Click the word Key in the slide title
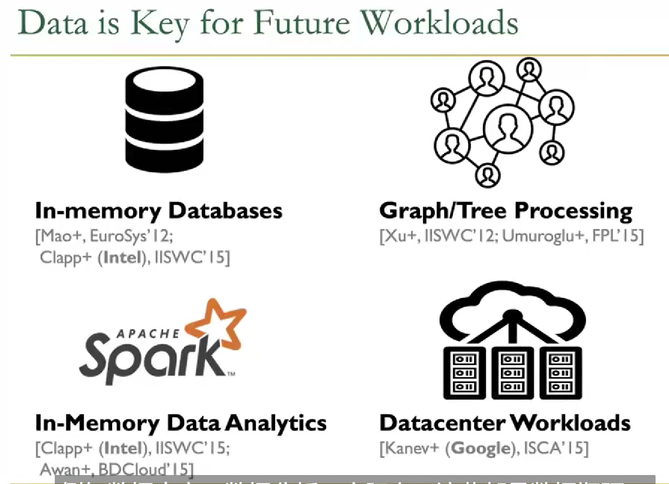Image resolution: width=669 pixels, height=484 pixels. coord(159,24)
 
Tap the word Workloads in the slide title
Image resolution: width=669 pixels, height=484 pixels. coord(439,23)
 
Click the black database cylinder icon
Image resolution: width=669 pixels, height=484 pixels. coord(164,120)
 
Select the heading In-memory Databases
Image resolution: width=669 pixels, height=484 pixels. coord(158,211)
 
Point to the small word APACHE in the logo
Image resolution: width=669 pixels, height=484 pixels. coord(148,333)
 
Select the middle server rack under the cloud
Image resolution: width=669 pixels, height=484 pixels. coord(512,373)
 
